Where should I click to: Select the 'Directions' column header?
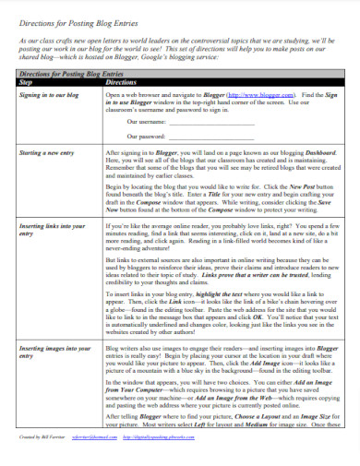click(129, 82)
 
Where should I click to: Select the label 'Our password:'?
click(147, 137)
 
